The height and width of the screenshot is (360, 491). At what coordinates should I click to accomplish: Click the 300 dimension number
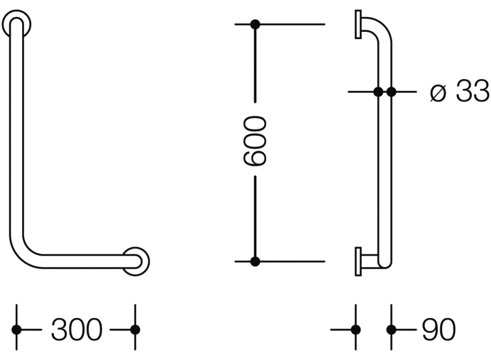coord(77,329)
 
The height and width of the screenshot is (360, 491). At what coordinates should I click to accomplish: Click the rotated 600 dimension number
coord(255,140)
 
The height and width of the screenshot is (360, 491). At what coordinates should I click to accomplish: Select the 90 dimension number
coord(438,329)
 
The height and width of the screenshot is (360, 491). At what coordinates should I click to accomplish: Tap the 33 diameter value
coord(473,91)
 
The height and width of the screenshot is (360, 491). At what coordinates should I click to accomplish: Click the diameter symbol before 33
coord(438,93)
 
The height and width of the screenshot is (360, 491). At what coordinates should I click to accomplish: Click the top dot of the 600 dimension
coord(255,24)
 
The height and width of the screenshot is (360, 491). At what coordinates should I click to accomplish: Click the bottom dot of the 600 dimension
coord(255,261)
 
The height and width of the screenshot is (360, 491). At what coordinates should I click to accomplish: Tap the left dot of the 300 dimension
coord(16,329)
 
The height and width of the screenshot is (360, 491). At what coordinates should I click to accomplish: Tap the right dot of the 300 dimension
coord(135,329)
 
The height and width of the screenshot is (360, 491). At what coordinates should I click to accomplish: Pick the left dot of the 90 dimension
coord(355,329)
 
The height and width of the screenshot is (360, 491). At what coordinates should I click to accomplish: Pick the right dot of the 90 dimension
coord(391,329)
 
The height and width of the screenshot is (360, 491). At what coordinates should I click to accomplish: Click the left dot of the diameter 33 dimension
coord(378,92)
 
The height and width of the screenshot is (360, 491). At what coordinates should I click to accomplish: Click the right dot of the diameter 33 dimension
coord(391,92)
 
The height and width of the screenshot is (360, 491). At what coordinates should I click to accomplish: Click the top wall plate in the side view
coord(358,24)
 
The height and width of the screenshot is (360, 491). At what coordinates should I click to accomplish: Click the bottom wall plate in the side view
coord(358,262)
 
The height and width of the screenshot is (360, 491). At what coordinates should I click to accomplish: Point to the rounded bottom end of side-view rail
coord(385,267)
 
